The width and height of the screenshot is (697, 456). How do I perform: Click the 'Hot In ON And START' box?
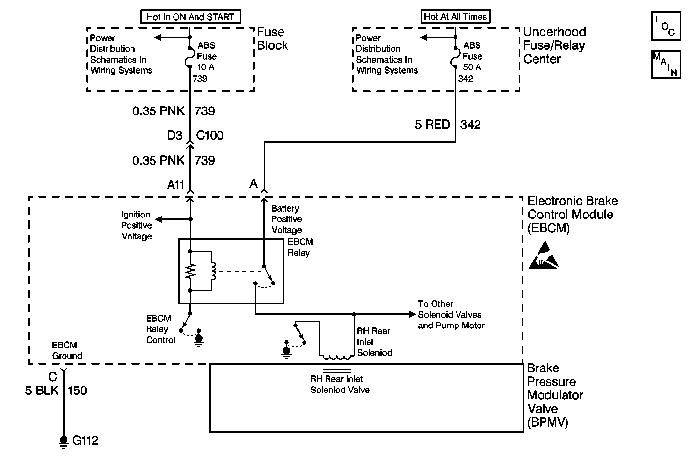point(191,17)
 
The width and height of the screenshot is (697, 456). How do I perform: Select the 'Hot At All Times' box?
point(456,17)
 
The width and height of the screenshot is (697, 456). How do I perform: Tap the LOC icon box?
point(666,26)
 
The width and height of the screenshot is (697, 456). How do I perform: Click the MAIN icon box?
point(666,65)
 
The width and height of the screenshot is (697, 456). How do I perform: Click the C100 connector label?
point(210,135)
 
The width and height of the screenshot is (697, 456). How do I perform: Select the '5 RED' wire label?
point(432,125)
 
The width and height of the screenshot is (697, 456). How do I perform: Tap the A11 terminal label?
point(175,185)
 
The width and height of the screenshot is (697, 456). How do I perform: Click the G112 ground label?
point(85,440)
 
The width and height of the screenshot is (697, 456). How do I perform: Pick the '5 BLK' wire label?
point(42,391)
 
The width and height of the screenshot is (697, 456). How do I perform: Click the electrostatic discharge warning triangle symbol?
point(544,255)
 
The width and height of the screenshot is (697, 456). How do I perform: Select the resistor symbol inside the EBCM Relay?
point(190,271)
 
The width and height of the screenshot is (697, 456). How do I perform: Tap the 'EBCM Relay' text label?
point(300,247)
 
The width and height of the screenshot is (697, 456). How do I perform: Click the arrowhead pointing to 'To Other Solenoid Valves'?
point(412,314)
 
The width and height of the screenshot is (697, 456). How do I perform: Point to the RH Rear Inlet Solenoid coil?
point(337,357)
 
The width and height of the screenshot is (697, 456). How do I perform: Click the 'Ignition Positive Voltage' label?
point(136,225)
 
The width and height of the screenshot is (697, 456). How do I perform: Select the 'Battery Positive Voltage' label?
point(286,219)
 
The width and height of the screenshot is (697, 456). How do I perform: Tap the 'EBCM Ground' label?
point(67,350)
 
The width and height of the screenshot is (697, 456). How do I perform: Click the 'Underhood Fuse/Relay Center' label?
point(554,45)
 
